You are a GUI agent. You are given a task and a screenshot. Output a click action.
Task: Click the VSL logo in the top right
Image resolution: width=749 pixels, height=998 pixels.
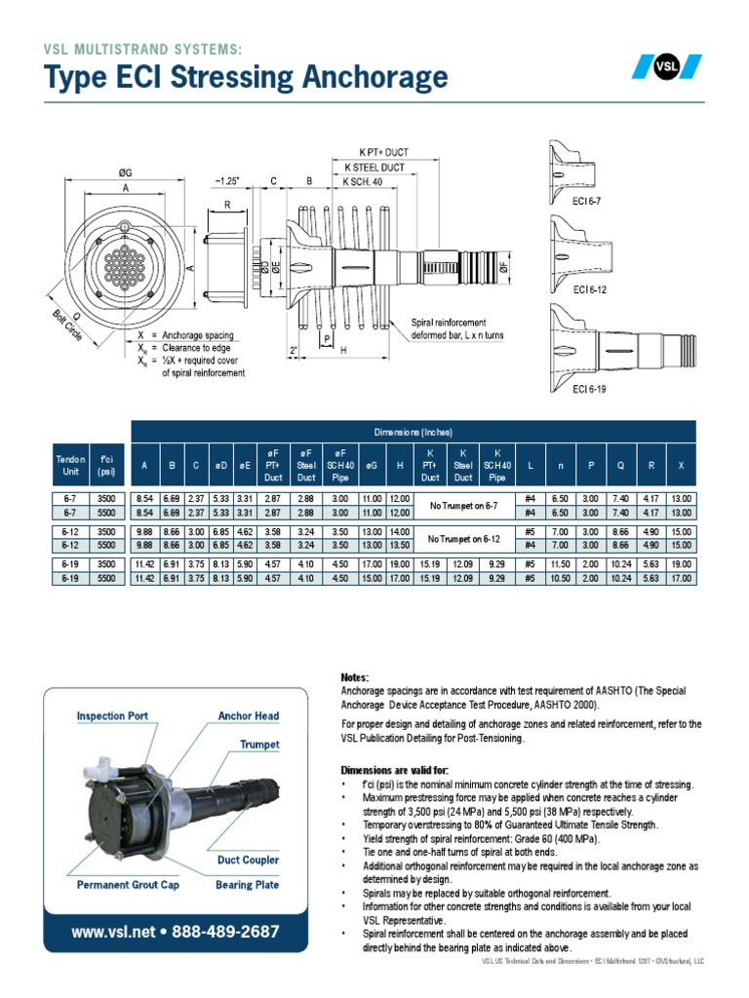coord(666,67)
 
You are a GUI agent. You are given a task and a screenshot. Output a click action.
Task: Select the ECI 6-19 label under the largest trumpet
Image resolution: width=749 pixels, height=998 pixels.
coord(591,387)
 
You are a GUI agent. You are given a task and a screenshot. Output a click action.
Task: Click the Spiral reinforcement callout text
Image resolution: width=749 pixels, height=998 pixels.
coord(449,323)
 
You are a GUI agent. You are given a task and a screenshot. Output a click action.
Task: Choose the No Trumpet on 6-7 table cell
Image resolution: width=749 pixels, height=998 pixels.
coord(464,506)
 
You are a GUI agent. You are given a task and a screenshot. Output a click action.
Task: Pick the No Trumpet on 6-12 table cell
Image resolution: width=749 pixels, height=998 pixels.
coord(464,538)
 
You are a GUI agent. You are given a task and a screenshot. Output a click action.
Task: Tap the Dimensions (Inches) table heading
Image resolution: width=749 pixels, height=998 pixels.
coord(413,432)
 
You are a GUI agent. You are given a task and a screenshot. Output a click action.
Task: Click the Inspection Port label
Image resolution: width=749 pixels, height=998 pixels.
coord(112,715)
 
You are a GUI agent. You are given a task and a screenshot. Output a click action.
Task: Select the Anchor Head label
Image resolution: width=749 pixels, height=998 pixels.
coord(249,715)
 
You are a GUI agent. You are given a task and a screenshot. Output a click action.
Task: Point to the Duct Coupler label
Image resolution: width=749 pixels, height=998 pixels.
coord(248,860)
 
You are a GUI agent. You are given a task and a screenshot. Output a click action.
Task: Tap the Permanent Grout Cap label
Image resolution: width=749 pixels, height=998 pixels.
coord(129,885)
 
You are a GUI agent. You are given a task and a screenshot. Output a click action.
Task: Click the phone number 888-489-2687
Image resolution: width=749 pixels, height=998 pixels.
coord(225,932)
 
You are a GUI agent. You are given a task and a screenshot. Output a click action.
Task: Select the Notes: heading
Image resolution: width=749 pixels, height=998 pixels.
coord(355,677)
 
